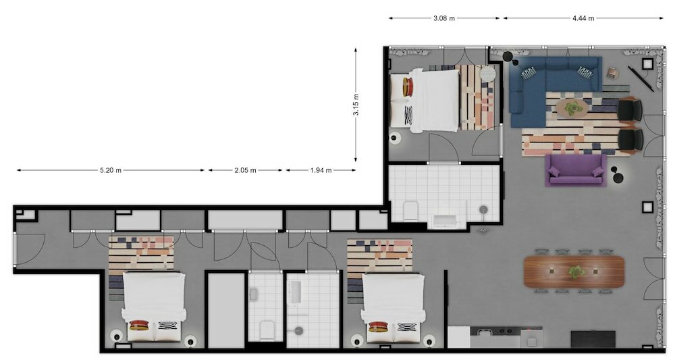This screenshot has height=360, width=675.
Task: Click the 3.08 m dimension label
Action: click(444, 18)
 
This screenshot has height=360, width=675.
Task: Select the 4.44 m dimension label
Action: click(583, 18)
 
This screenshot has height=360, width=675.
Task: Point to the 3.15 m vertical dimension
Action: click(356, 105)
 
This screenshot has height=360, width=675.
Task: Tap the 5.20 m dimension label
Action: click(111, 170)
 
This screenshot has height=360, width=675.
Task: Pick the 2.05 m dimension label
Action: click(246, 170)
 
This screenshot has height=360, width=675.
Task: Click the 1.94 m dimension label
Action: click(321, 170)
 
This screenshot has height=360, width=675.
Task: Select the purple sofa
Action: click(576, 170)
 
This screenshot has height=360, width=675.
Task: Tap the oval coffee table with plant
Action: click(572, 109)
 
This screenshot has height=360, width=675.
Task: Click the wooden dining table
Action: click(574, 272)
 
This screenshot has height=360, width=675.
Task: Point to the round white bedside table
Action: click(488, 74)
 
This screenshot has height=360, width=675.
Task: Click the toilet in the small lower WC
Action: click(267, 330)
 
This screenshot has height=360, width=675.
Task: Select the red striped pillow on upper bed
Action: click(408, 87)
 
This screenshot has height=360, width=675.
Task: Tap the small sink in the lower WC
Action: click(253, 294)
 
